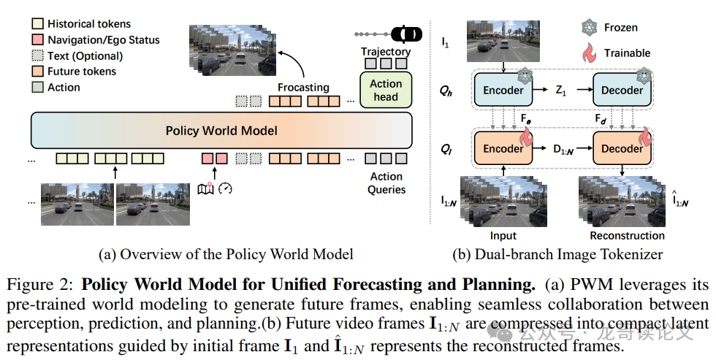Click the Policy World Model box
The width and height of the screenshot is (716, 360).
[221, 131]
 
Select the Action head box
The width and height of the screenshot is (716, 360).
[386, 90]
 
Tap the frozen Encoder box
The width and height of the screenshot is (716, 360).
[503, 91]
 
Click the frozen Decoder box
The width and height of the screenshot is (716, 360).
[622, 91]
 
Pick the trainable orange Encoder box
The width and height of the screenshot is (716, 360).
[503, 149]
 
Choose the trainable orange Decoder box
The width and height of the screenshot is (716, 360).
[622, 149]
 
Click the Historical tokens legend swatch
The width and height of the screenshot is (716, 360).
[38, 24]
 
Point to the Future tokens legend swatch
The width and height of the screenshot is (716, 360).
[38, 72]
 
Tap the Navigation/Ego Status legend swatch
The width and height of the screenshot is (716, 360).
[38, 40]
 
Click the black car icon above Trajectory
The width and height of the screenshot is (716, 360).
[406, 34]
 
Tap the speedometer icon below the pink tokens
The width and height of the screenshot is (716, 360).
[225, 188]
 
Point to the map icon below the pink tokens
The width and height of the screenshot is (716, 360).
[206, 188]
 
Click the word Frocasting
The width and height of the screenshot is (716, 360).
[303, 88]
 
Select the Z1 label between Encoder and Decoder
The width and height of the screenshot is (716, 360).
[562, 91]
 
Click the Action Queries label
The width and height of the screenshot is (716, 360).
[386, 183]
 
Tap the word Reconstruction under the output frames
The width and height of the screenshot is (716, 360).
[627, 236]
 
